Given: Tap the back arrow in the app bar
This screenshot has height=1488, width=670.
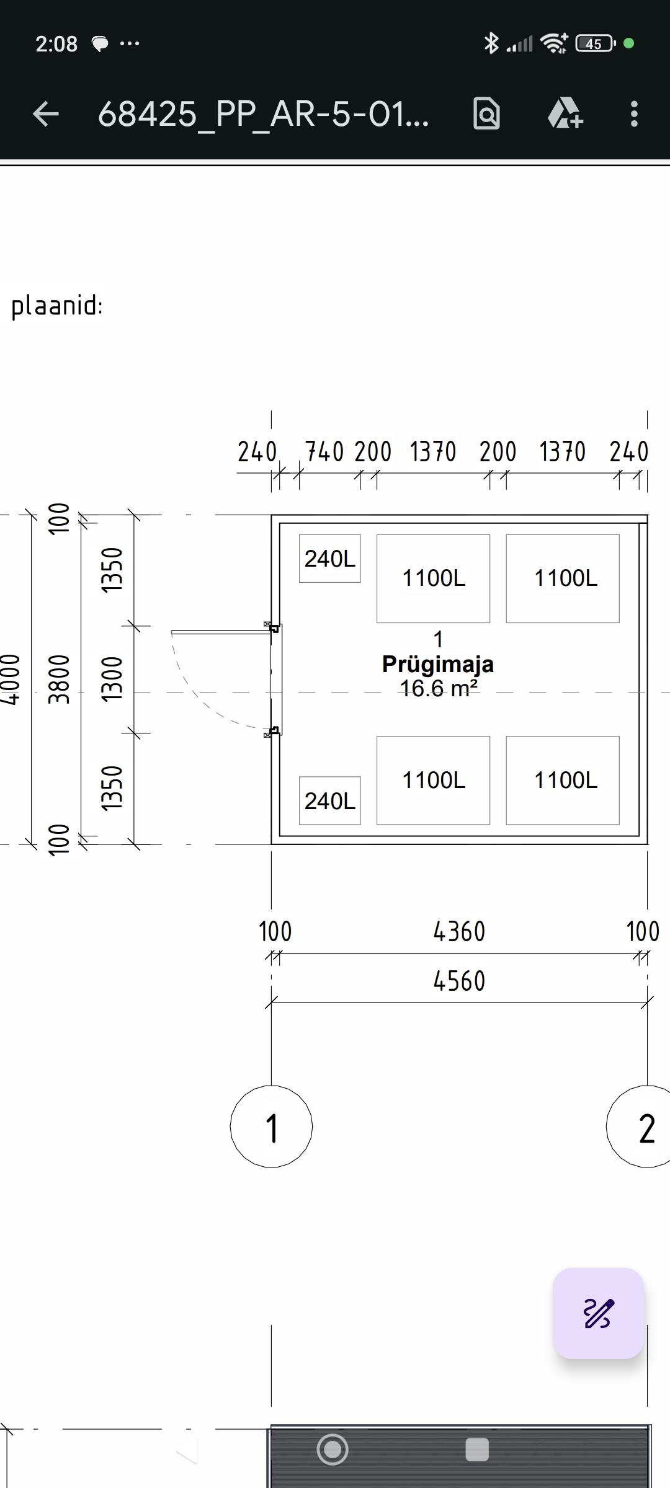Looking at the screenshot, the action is coord(46,114).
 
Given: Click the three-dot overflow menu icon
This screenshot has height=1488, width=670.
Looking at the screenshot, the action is coord(633,114).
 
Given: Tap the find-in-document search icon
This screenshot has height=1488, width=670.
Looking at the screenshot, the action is coord(487,113).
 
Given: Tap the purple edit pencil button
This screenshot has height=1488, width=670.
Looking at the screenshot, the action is coord(598,1313).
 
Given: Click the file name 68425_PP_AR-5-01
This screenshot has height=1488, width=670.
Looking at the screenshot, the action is coord(263,114).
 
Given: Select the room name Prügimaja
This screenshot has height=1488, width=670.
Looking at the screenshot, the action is coord(438,664).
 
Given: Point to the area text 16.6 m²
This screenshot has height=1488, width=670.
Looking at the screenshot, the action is coord(438,688).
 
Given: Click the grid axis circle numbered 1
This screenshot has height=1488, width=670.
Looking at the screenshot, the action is coord(271,1127).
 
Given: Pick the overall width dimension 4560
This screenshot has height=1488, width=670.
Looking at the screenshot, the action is coord(459,981).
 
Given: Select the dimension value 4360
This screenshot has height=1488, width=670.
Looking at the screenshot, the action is coord(459,932).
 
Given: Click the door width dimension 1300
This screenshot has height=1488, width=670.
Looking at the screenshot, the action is coord(112,680).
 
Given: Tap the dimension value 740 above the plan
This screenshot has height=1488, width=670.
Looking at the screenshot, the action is coord(324,452).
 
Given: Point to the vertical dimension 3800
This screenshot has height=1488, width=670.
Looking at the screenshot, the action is coord(59,680).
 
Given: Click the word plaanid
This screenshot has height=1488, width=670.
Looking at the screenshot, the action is coord(56,306).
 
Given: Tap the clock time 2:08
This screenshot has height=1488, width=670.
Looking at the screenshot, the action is coord(56,43).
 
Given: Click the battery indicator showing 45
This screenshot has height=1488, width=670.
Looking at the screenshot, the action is coord(596,43).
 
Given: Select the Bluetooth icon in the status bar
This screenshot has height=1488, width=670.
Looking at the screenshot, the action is coord(491,43).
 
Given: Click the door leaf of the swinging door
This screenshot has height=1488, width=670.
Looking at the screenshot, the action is coord(221,632).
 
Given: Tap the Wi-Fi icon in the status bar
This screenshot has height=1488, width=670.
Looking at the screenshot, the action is coord(554,43).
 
